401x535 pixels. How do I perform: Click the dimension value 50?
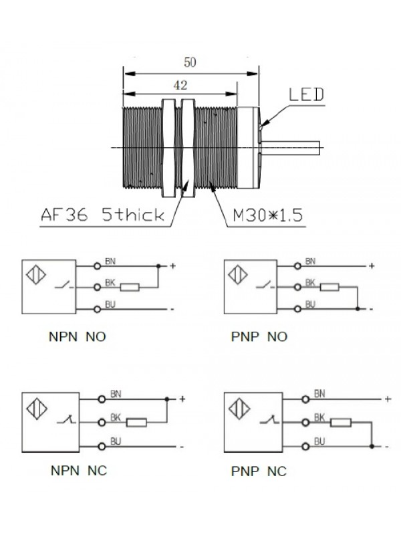pyautogui.click(x=190, y=62)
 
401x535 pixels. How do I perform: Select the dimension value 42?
pyautogui.click(x=178, y=85)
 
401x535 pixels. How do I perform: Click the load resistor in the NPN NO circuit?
pyautogui.click(x=130, y=288)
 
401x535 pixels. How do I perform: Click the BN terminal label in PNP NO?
pyautogui.click(x=309, y=261)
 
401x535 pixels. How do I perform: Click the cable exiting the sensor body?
pyautogui.click(x=291, y=146)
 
